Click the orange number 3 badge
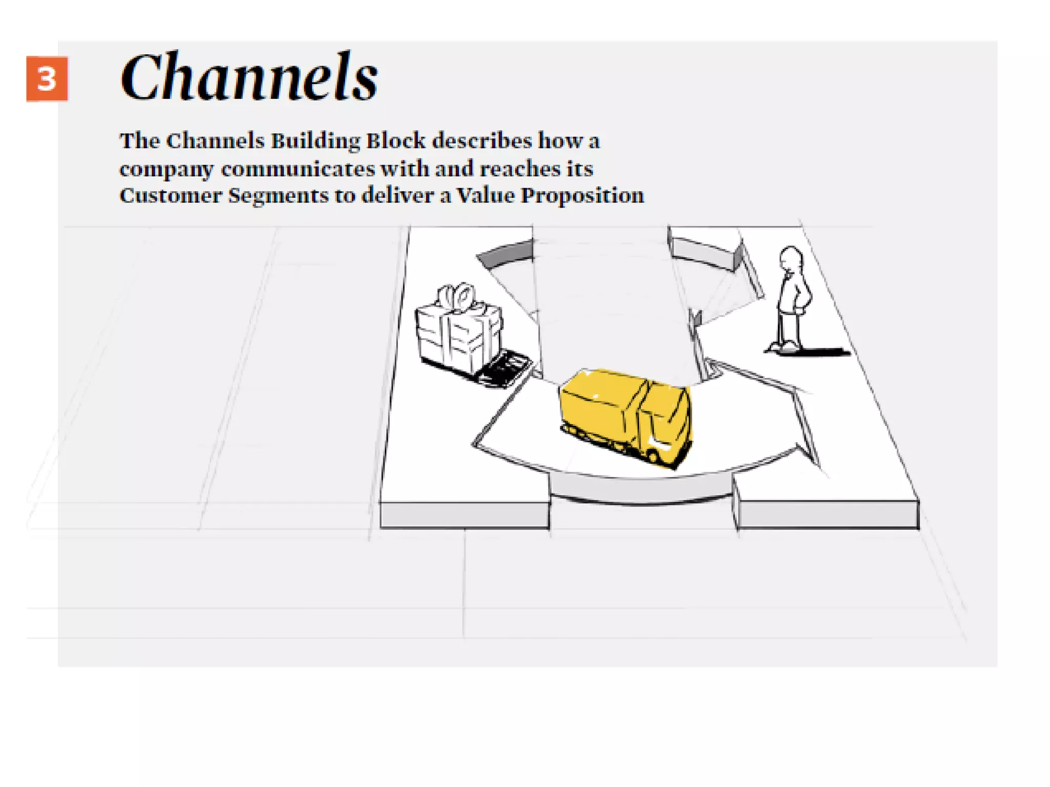pyautogui.click(x=47, y=79)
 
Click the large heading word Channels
pyautogui.click(x=249, y=77)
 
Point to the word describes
pyautogui.click(x=482, y=141)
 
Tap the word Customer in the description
pyautogui.click(x=170, y=196)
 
